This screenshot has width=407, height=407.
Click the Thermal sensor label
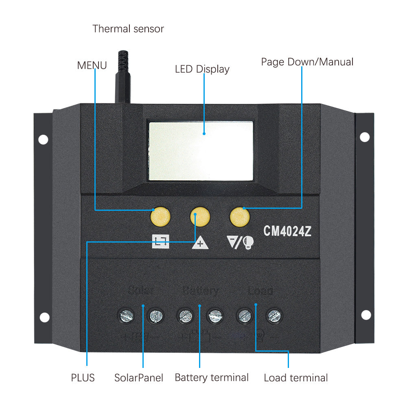click(x=128, y=29)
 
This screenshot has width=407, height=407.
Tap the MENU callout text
click(x=92, y=65)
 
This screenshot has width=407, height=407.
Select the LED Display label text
click(x=202, y=69)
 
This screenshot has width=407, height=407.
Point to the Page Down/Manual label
click(x=307, y=62)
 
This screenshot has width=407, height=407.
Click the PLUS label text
click(x=83, y=378)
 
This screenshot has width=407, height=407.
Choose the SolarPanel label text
click(x=139, y=378)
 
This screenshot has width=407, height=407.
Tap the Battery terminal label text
click(x=212, y=377)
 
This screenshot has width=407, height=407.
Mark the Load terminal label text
click(x=296, y=378)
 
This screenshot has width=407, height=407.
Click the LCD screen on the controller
click(x=201, y=151)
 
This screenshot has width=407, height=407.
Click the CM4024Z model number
click(x=288, y=231)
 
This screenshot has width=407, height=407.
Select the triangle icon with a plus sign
click(x=200, y=243)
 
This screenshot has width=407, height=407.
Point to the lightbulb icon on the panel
click(x=248, y=243)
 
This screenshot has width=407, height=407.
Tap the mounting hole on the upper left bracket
click(x=43, y=140)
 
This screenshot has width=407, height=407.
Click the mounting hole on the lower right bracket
click(x=366, y=315)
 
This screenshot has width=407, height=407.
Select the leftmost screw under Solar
click(x=126, y=315)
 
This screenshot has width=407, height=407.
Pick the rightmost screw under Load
click(x=274, y=315)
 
